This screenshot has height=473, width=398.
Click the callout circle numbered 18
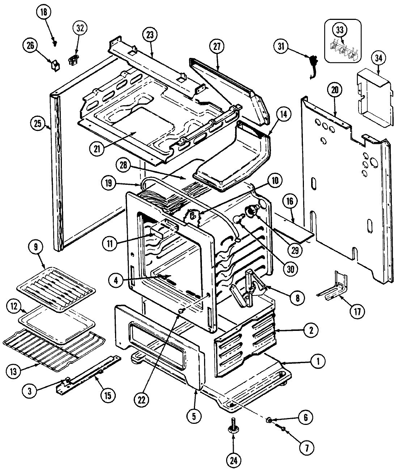tap(43, 12)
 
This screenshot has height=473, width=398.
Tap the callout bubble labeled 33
tap(340, 30)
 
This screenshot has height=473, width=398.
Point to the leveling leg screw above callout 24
tap(233, 425)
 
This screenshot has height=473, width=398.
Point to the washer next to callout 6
tap(269, 420)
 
